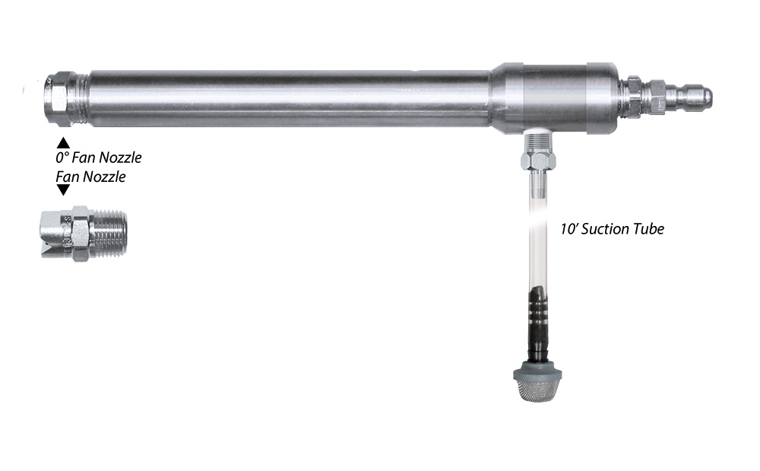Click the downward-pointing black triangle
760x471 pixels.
pos(63,191)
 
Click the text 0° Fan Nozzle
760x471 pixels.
pos(98,159)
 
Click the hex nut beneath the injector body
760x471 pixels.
pos(537,159)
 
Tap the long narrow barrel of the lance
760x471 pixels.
pos(289,97)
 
